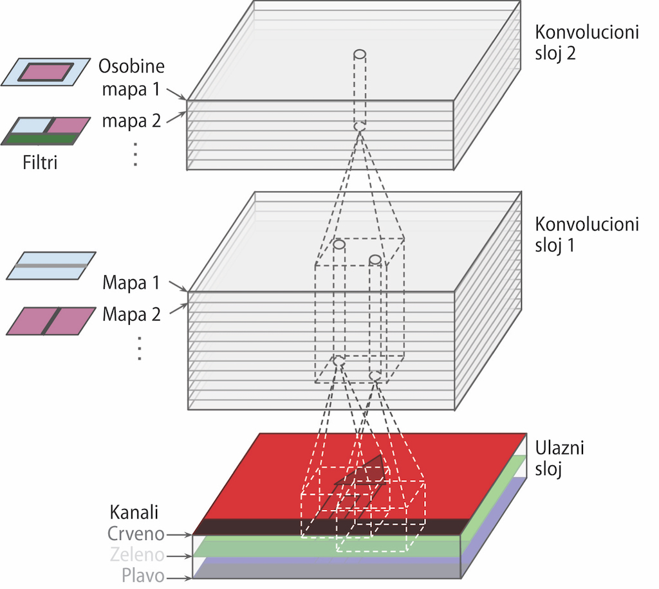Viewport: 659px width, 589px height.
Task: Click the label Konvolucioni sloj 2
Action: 587,42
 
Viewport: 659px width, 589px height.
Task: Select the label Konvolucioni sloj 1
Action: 587,235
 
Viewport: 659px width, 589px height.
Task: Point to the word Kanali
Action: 135,513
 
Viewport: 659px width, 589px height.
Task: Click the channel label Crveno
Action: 136,534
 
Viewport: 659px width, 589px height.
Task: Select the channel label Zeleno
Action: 136,555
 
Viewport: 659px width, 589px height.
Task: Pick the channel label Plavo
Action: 142,575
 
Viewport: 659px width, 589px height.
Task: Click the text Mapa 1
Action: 131,283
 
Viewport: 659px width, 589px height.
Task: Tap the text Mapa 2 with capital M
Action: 131,314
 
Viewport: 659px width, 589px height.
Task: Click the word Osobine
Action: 132,66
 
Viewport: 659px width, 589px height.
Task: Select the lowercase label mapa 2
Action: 131,120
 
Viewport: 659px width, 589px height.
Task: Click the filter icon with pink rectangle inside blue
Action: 45,71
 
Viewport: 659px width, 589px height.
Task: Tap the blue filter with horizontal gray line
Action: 51,265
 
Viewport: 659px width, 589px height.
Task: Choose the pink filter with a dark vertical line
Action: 51,321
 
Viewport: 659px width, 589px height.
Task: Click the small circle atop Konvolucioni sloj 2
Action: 360,54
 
